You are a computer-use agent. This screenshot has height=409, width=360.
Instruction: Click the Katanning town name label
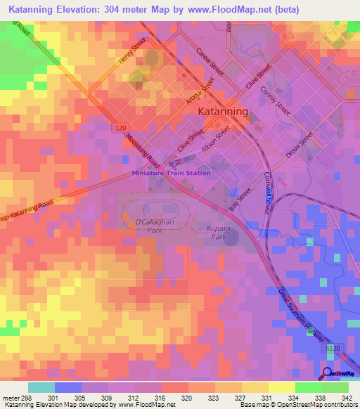point(224,112)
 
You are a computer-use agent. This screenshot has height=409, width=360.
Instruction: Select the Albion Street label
point(215,138)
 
